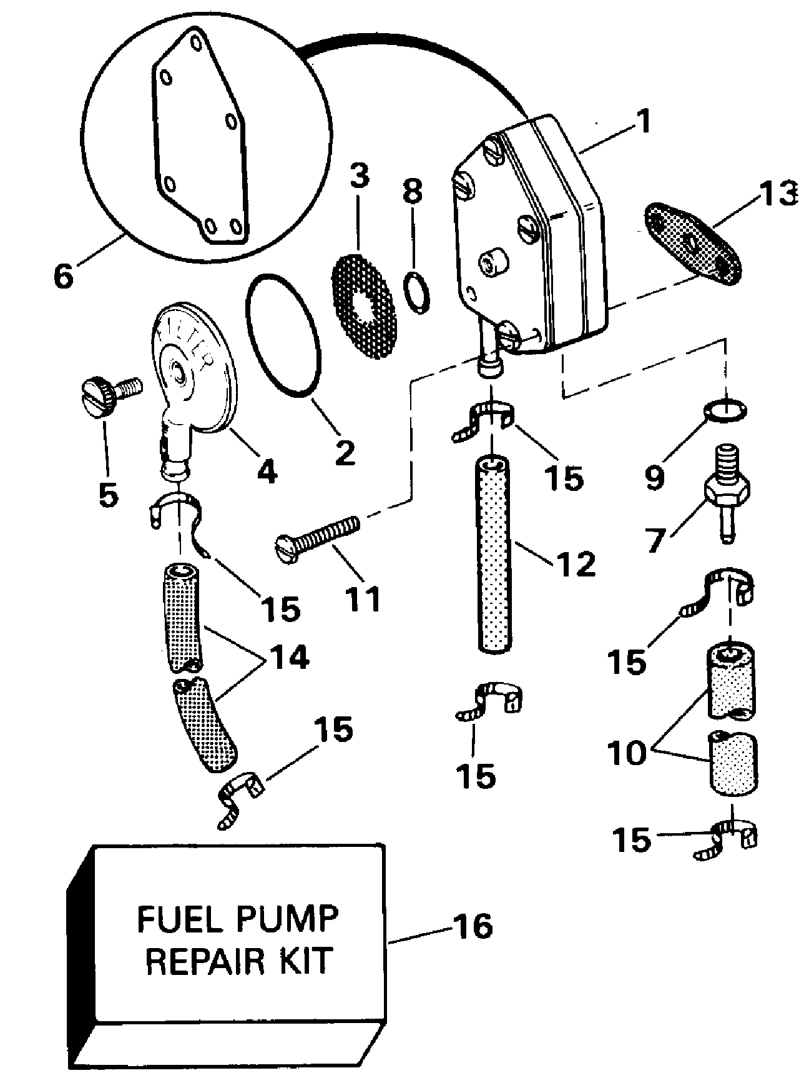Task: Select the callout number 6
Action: click(63, 275)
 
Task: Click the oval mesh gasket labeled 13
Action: click(692, 241)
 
